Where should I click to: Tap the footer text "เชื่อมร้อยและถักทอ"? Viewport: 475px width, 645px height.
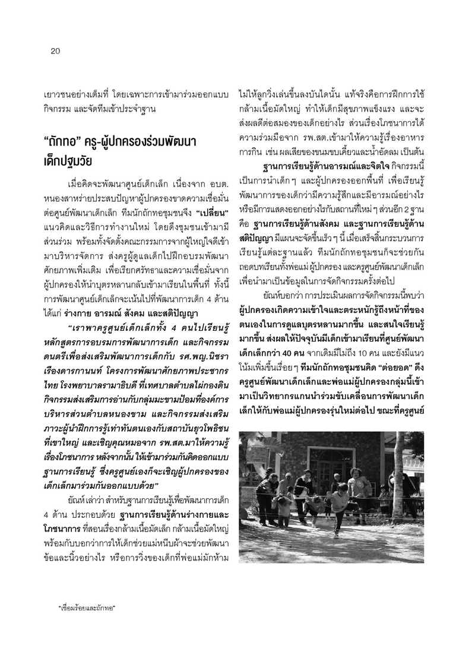point(86,609)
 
